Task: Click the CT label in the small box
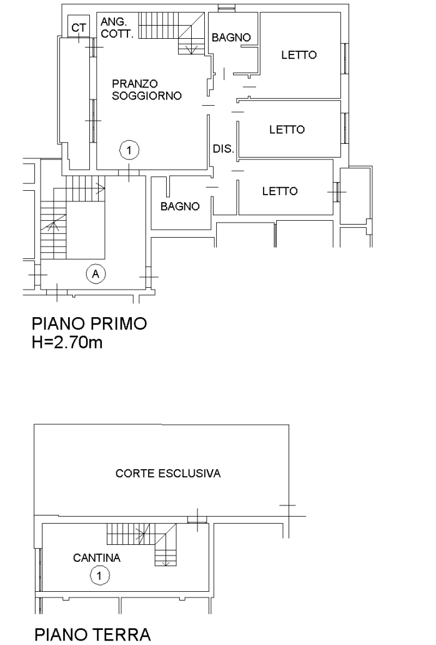(x=79, y=28)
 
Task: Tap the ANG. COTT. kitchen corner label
(x=117, y=28)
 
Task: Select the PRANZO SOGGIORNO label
(x=147, y=89)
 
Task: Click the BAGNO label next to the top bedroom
(x=231, y=38)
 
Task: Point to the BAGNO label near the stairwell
(x=180, y=206)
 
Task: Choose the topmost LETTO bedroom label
(x=299, y=54)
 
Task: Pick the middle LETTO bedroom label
(x=287, y=130)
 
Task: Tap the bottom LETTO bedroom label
(x=280, y=191)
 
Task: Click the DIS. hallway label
(x=224, y=149)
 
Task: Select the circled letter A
(x=96, y=273)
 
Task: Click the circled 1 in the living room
(x=129, y=150)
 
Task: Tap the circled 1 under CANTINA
(x=99, y=576)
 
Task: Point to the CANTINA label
(x=97, y=558)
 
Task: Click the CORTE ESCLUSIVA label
(x=168, y=474)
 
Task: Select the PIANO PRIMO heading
(x=89, y=323)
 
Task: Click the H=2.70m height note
(x=67, y=342)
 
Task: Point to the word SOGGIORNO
(x=147, y=96)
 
